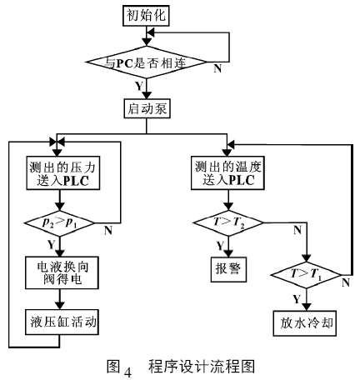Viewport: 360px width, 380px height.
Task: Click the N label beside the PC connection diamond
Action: click(217, 68)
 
